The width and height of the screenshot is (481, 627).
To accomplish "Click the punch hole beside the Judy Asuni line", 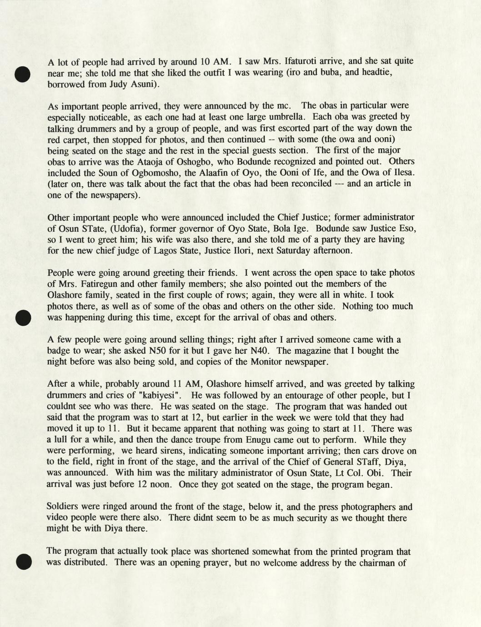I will click(x=22, y=74).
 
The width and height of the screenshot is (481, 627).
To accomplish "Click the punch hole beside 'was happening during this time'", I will click(x=22, y=318).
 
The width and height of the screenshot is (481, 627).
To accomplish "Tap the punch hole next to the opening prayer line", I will click(x=22, y=562).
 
